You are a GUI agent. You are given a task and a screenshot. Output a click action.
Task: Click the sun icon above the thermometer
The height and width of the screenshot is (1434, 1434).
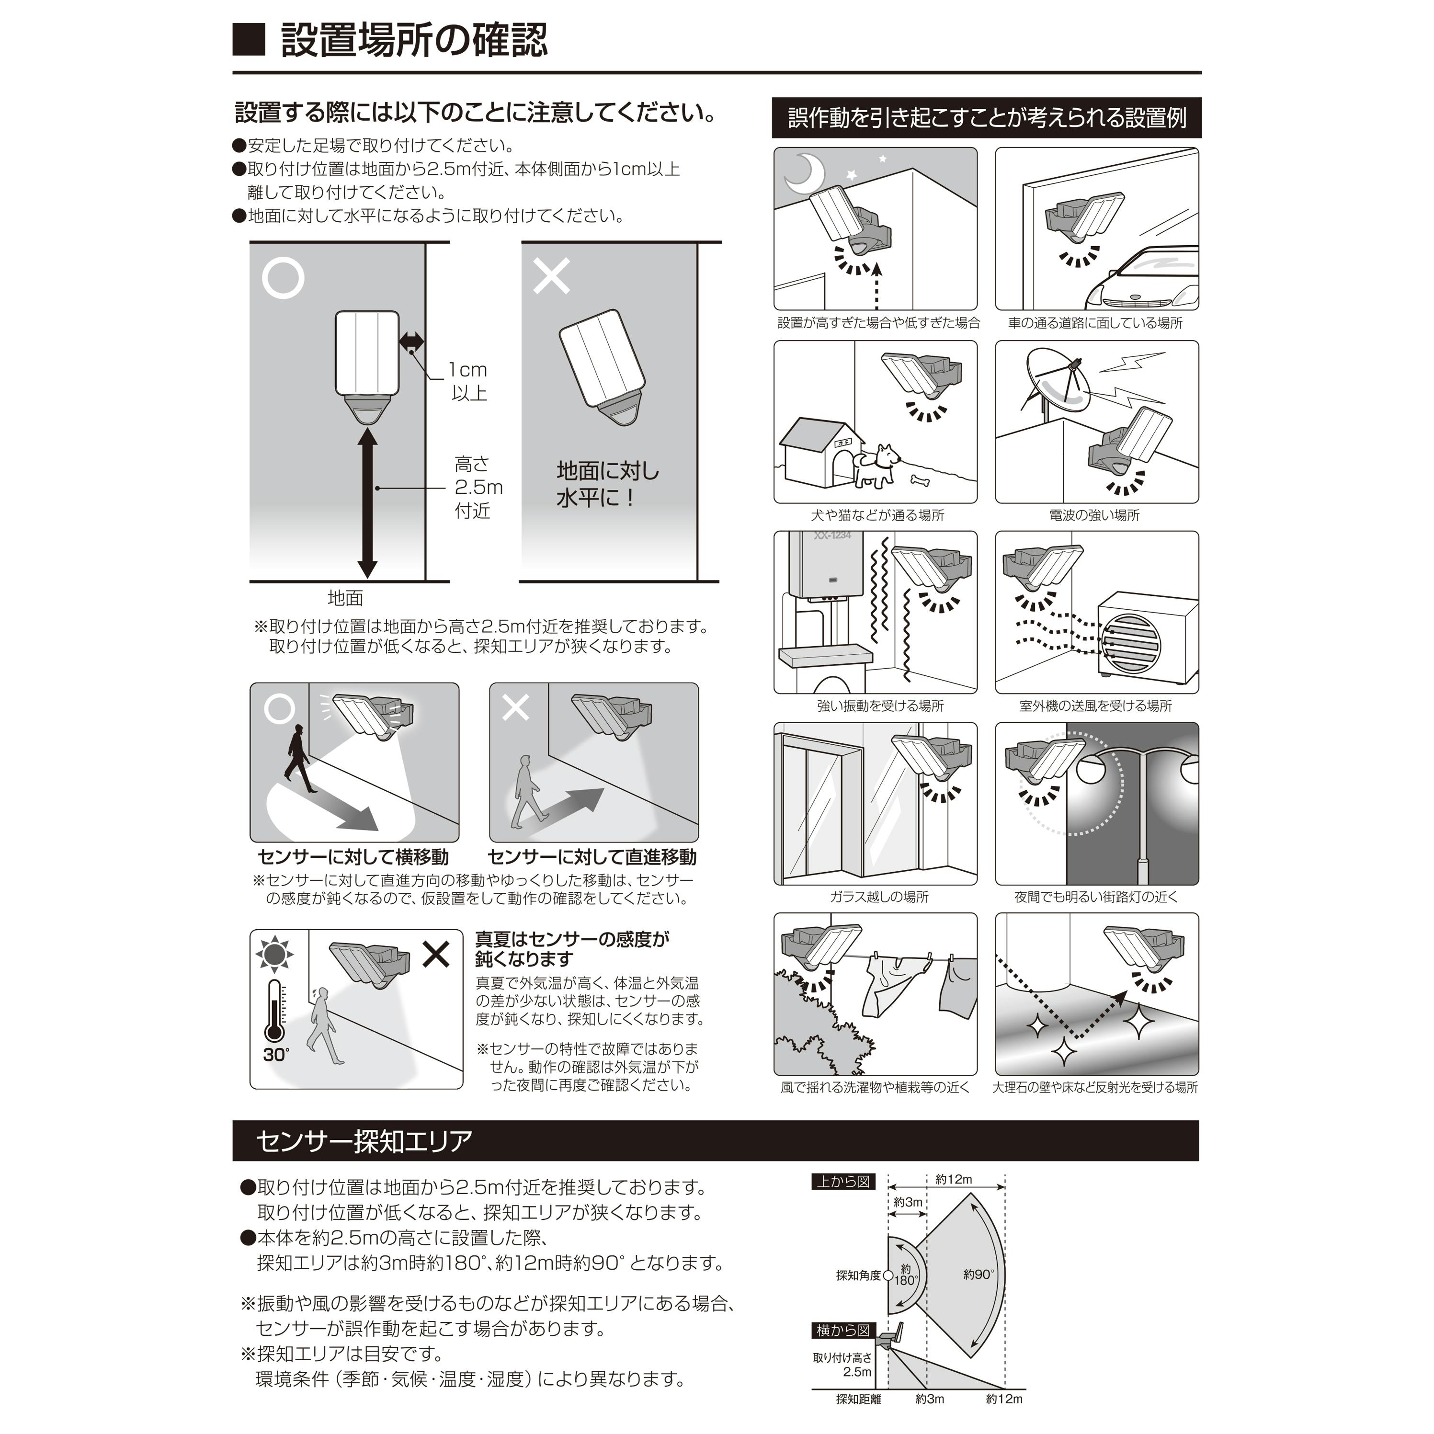[274, 955]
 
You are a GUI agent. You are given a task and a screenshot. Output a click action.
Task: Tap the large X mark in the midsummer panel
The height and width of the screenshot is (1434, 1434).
[436, 955]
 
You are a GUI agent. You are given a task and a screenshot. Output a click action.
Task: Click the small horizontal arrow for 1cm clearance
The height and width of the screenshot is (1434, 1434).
[411, 341]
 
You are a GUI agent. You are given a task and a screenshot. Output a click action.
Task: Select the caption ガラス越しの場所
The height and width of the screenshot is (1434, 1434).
[879, 898]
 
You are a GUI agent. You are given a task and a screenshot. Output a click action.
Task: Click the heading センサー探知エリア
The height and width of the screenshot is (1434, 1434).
[364, 1141]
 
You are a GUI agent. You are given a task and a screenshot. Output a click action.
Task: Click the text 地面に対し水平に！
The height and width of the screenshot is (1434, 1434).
[607, 484]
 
